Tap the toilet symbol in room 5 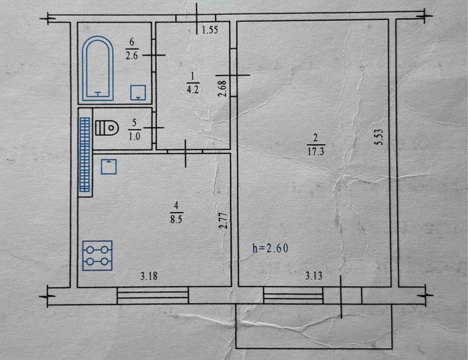click(x=107, y=128)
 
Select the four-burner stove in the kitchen click(x=97, y=256)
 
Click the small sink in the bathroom click(x=138, y=93)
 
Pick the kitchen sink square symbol click(x=109, y=166)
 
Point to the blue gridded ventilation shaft click(x=84, y=154)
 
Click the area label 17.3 click(x=315, y=152)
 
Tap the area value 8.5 click(x=176, y=219)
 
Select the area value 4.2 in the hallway click(x=192, y=89)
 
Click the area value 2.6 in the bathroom click(x=132, y=56)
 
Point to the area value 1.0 click(x=134, y=137)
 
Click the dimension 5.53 click(x=379, y=137)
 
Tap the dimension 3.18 click(x=149, y=276)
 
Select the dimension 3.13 click(x=314, y=275)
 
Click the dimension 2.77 click(x=224, y=220)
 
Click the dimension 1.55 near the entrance click(x=210, y=30)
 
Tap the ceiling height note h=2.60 click(x=271, y=248)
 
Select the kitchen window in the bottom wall click(x=153, y=295)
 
